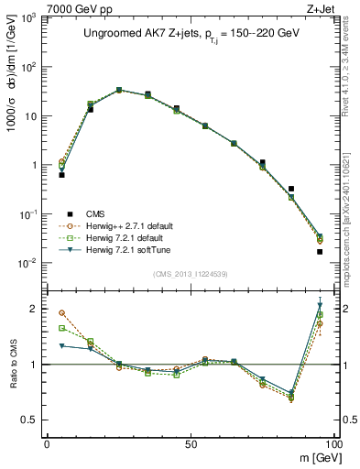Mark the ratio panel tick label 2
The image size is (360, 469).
coord(36,309)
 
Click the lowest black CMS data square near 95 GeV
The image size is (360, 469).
coord(320,251)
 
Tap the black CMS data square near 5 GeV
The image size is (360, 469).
coord(61,174)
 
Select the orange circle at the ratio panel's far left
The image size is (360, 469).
coord(61,312)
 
